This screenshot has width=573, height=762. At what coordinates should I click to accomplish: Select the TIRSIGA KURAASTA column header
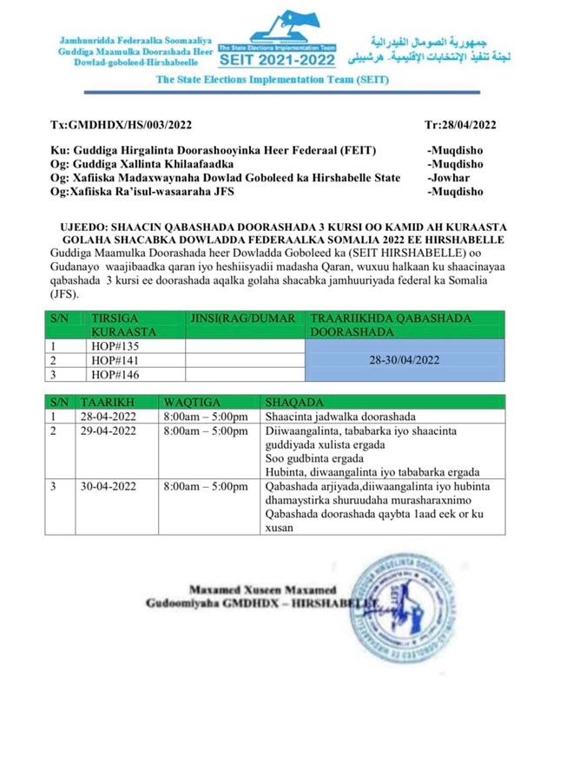(124, 325)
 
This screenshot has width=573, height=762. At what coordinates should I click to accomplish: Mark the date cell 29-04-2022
(108, 430)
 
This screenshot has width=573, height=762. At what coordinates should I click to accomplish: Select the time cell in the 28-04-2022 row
(205, 417)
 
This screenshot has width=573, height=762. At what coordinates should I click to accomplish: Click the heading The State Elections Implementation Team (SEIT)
(273, 79)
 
